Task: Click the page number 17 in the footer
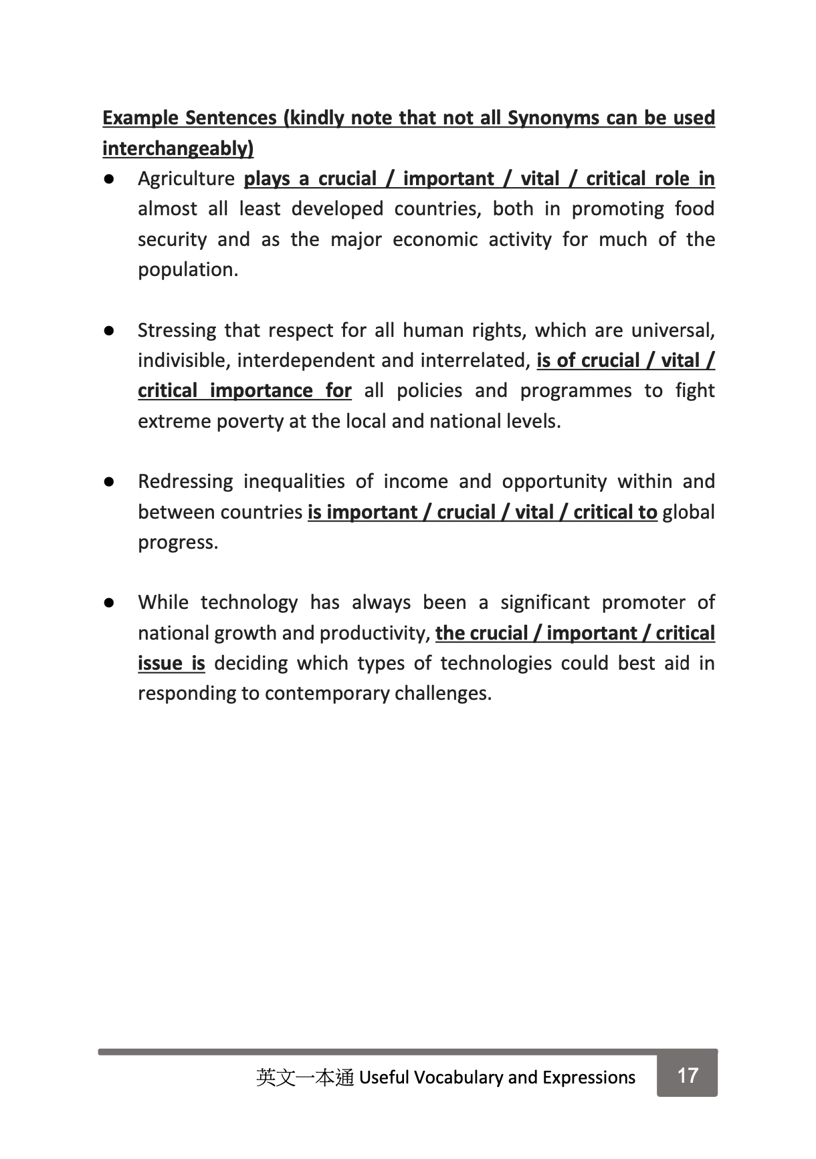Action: (x=688, y=1075)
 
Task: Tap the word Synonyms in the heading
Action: (x=553, y=118)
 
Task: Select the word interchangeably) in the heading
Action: (x=178, y=148)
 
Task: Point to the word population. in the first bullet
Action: (x=188, y=270)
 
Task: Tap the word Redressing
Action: (x=185, y=482)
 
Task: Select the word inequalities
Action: (x=293, y=482)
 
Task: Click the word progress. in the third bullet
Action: (x=178, y=543)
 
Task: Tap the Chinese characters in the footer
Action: (x=304, y=1077)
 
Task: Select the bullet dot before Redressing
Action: (x=110, y=482)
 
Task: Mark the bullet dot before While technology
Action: (x=110, y=603)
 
